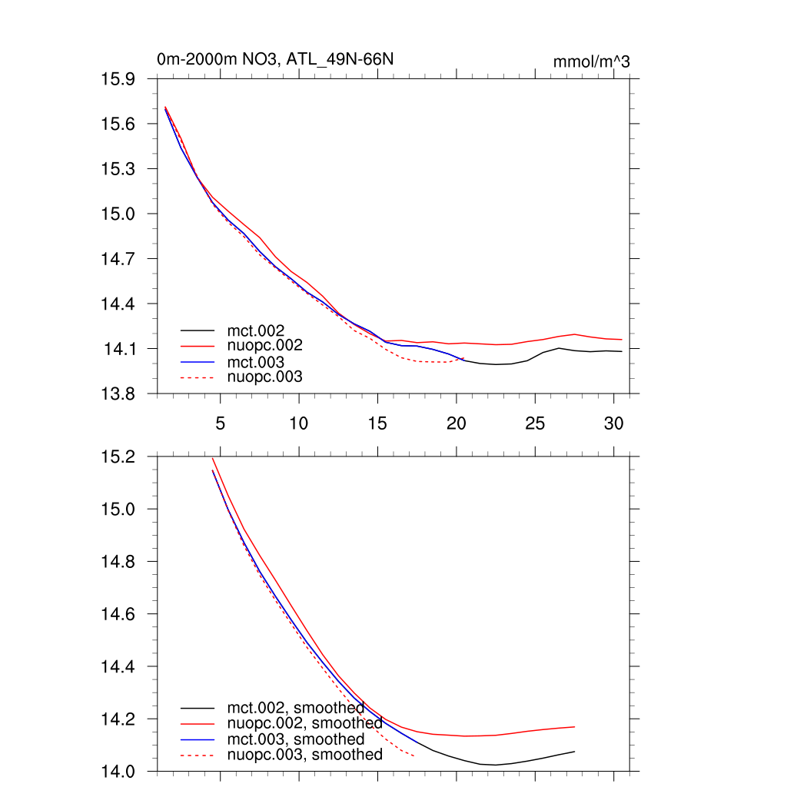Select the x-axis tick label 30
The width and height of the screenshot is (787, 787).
click(613, 423)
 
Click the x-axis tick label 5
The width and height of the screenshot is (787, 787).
click(221, 423)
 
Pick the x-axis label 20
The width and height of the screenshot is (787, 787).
click(457, 423)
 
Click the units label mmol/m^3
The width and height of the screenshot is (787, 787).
click(591, 61)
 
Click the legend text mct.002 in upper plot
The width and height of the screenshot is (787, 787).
click(261, 330)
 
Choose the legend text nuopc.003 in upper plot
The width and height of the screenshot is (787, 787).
click(271, 377)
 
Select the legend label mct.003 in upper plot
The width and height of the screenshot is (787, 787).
click(261, 361)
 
